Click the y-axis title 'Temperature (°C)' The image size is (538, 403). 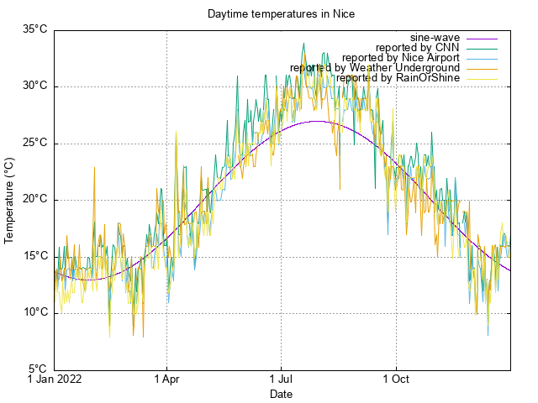[x=10, y=200]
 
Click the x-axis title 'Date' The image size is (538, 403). [x=282, y=394]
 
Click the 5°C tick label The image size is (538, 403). [x=36, y=369]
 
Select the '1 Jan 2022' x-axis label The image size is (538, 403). [x=55, y=379]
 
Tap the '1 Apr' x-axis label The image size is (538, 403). [x=166, y=379]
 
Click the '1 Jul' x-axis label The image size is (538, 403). [x=281, y=379]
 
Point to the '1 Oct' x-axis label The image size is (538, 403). [x=395, y=379]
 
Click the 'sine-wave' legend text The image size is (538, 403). [x=435, y=38]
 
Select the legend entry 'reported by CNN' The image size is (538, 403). [x=418, y=48]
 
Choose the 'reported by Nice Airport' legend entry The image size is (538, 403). [x=400, y=58]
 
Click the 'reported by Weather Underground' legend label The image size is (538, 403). [x=375, y=68]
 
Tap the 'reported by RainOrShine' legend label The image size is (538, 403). [x=398, y=78]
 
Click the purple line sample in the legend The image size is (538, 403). [x=483, y=38]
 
